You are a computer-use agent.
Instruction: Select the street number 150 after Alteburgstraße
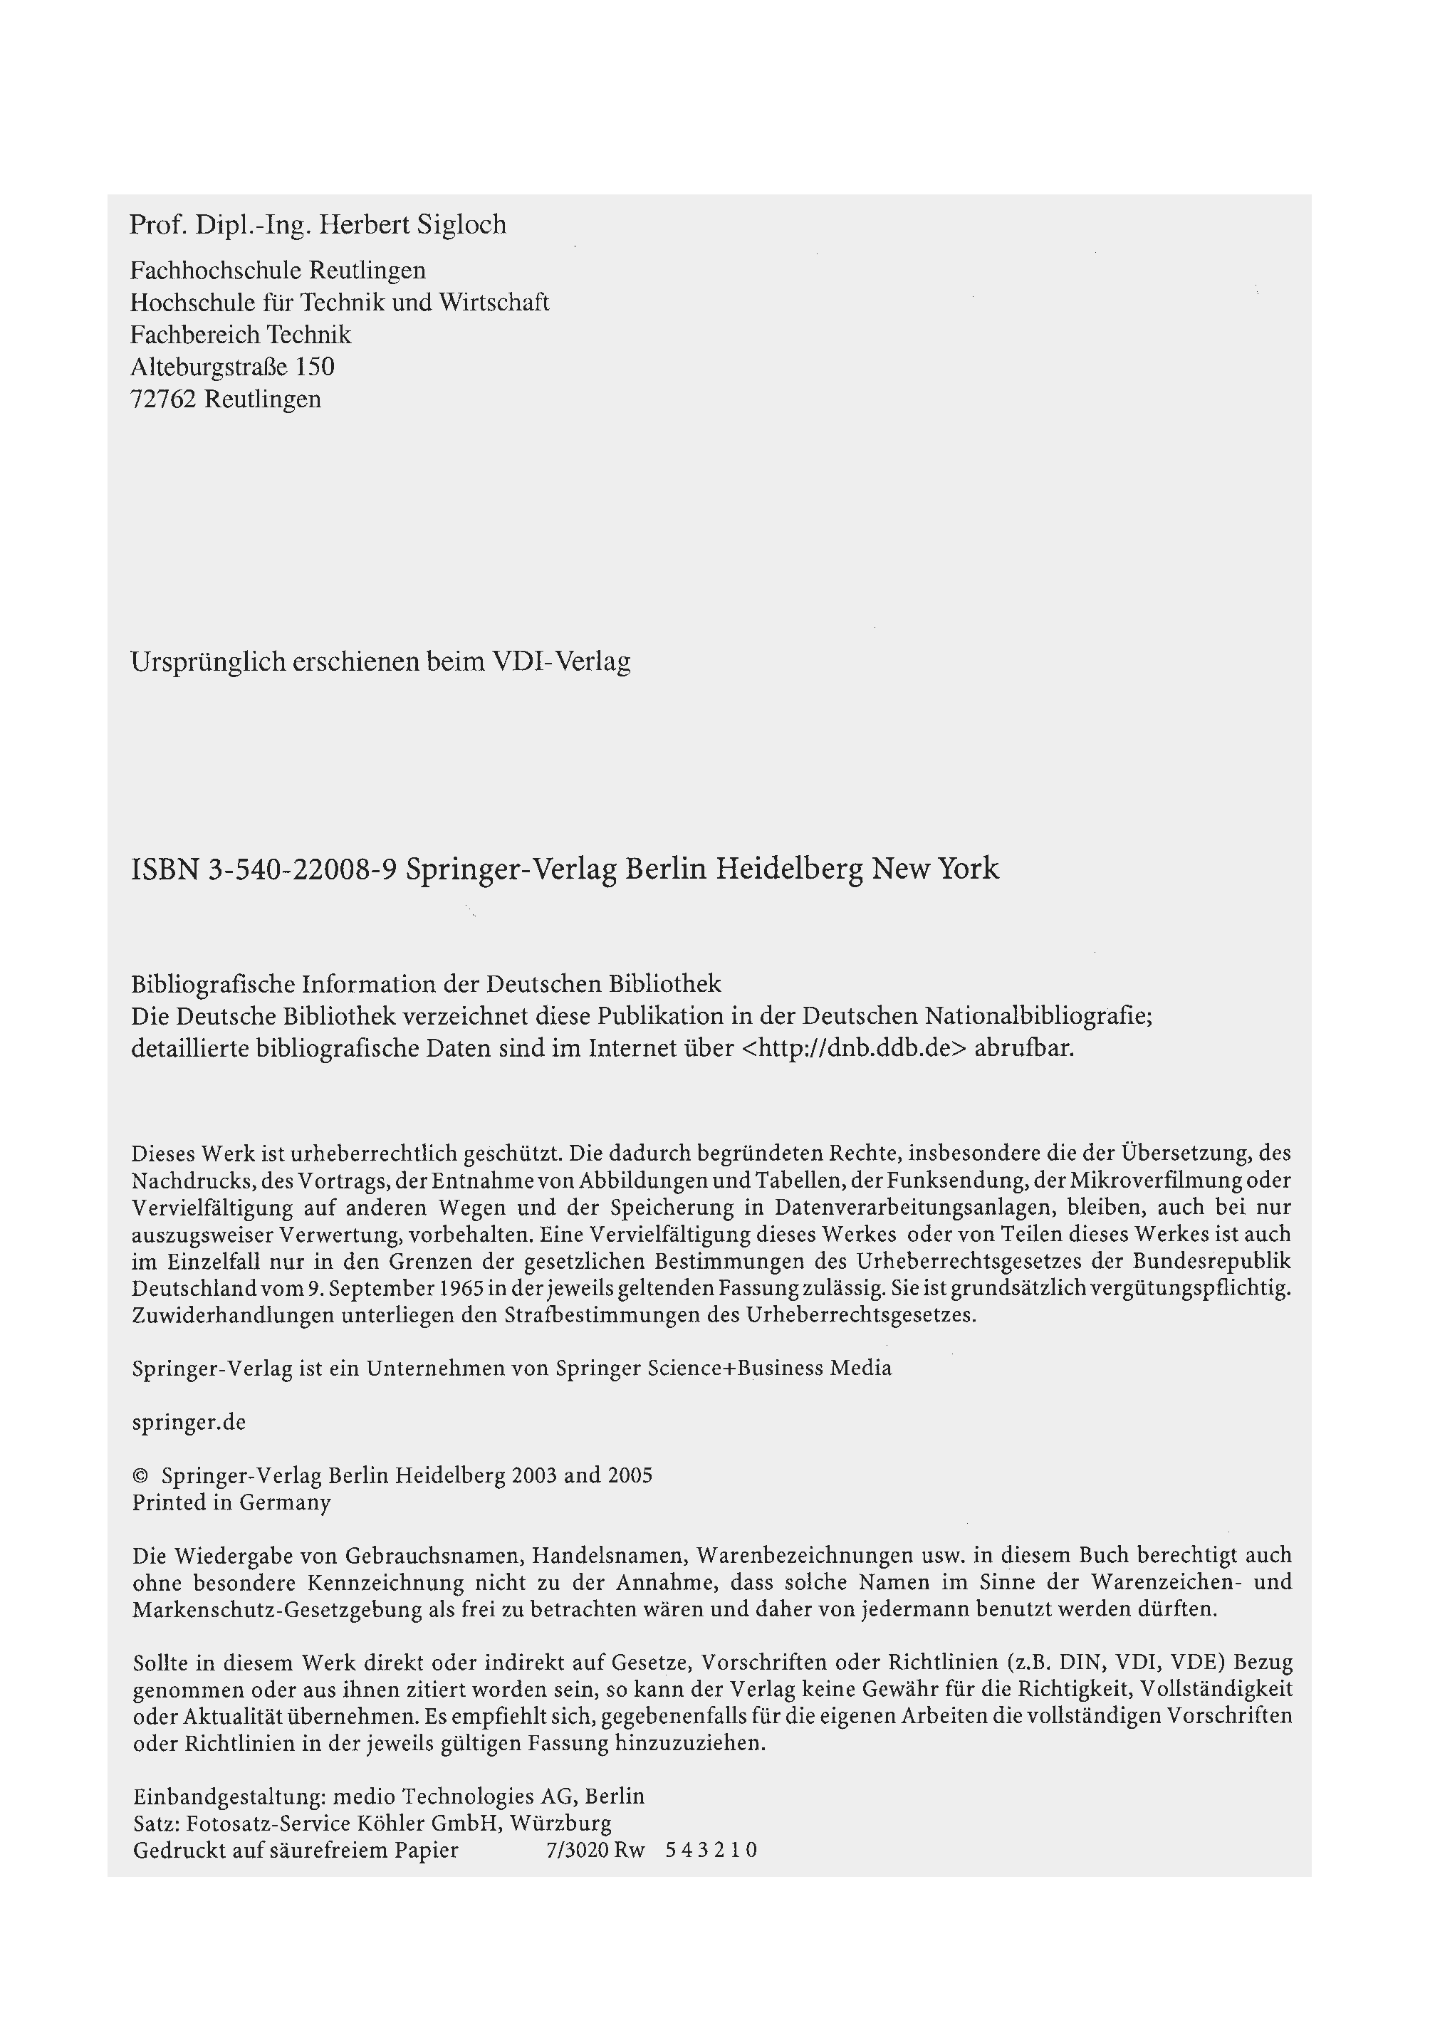[x=315, y=366]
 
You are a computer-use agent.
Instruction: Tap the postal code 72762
[x=163, y=399]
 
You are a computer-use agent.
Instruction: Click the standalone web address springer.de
[x=189, y=1422]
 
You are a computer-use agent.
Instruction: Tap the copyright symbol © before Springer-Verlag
[x=139, y=1476]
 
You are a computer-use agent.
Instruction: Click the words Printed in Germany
[x=231, y=1502]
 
